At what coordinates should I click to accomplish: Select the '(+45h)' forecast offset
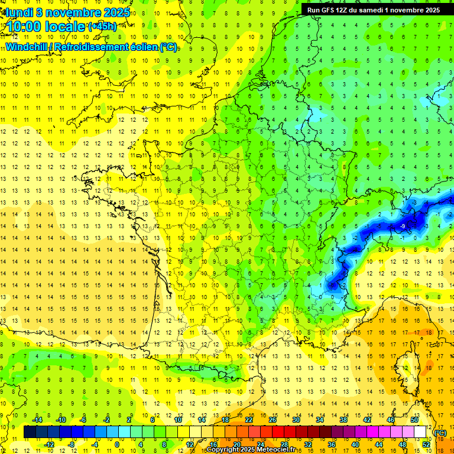click(x=102, y=26)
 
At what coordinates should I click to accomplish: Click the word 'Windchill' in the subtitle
click(x=28, y=46)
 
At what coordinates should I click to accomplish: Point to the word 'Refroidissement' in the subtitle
click(x=98, y=46)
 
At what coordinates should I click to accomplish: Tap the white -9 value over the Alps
click(x=402, y=226)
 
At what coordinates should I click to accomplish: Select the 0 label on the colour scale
click(x=117, y=445)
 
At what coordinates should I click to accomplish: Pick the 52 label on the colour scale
click(x=426, y=445)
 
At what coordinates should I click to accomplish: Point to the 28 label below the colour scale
click(x=284, y=445)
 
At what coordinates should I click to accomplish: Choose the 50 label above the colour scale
click(x=414, y=420)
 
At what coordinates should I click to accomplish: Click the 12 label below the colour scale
click(x=189, y=445)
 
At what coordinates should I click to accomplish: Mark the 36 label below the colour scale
click(x=331, y=445)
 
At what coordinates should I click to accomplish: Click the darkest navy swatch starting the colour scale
click(x=30, y=432)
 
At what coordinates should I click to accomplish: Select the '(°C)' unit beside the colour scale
click(x=440, y=433)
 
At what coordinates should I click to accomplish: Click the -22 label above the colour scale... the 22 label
click(x=249, y=420)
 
